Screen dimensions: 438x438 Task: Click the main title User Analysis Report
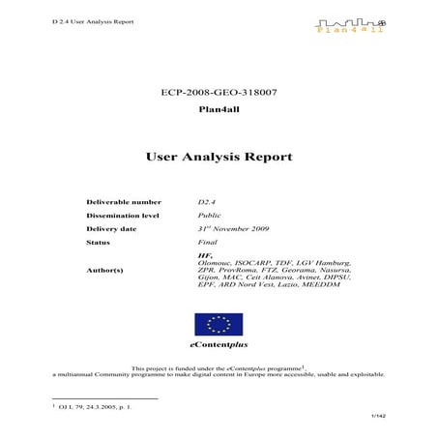point(219,155)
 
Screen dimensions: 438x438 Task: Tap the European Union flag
point(219,324)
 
